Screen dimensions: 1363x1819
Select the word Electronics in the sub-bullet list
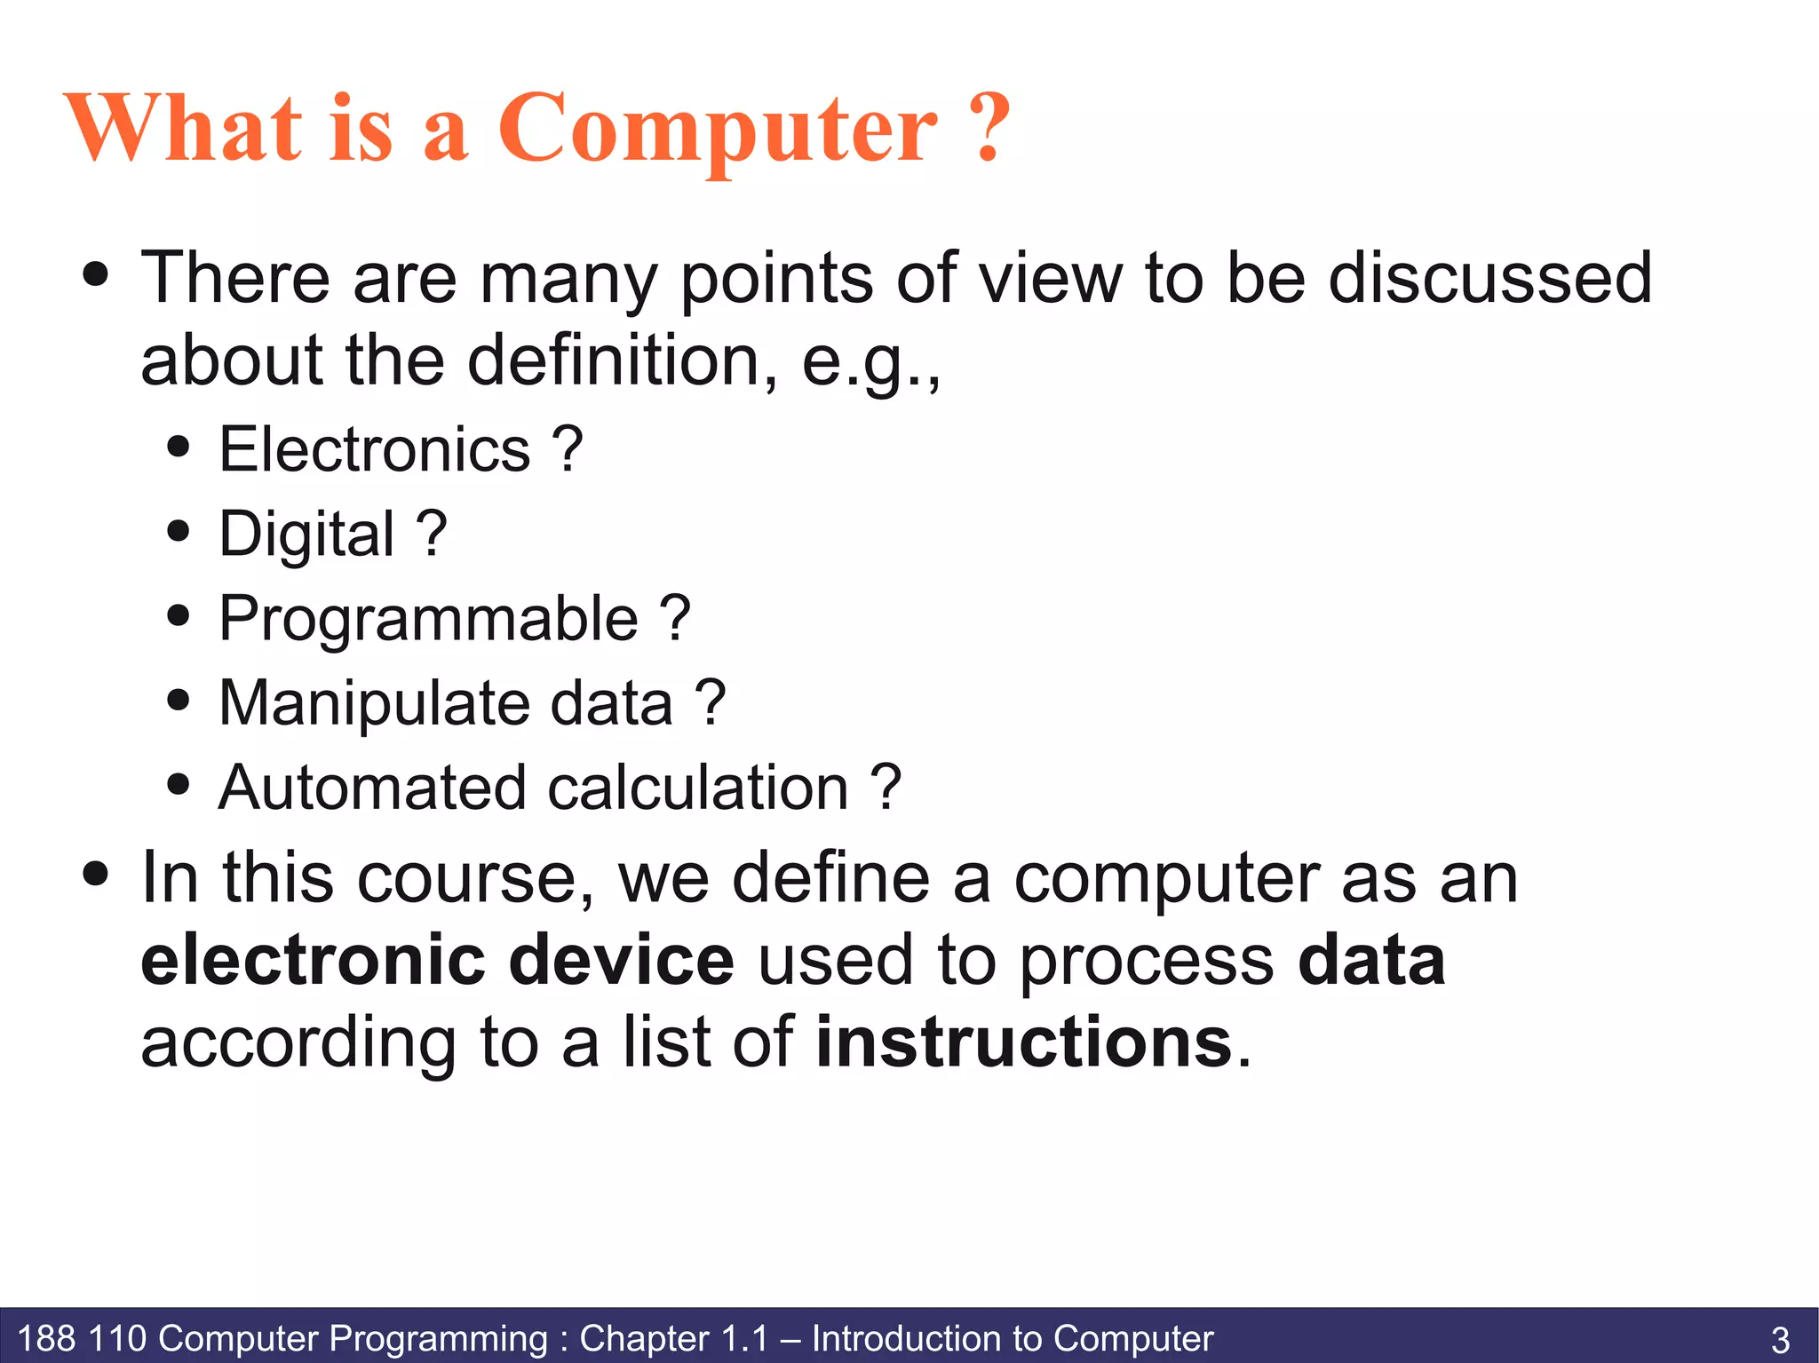pyautogui.click(x=374, y=449)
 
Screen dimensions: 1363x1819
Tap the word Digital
pyautogui.click(x=306, y=535)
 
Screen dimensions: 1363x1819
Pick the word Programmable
pyautogui.click(x=428, y=619)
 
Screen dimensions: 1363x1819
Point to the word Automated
pyautogui.click(x=372, y=788)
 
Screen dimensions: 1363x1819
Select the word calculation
pyautogui.click(x=698, y=788)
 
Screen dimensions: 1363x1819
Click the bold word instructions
pyautogui.click(x=1023, y=1042)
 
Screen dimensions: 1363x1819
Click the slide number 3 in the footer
pyautogui.click(x=1780, y=1339)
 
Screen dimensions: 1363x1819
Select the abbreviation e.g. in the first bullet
pyautogui.click(x=868, y=362)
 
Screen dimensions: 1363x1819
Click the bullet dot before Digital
pyautogui.click(x=179, y=531)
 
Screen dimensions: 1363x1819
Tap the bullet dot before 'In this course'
pyautogui.click(x=96, y=873)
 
